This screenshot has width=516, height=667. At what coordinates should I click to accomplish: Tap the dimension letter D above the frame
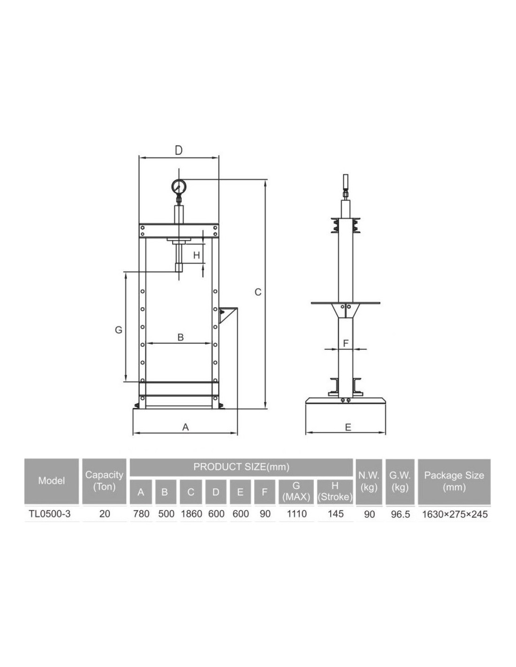coord(178,151)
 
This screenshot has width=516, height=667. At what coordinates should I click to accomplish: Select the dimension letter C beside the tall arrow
coord(258,292)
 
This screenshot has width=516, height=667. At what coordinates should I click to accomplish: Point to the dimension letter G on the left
coord(119,330)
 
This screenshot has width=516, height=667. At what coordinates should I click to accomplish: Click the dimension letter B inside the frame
coord(181,337)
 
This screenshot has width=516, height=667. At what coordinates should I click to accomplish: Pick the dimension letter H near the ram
coord(197,255)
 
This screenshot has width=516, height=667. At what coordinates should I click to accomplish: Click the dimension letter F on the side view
coord(346,343)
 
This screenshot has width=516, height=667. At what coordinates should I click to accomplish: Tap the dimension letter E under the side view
coord(348,427)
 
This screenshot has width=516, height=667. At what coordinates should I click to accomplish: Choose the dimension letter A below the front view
coord(185,427)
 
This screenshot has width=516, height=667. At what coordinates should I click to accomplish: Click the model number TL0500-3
coord(50,514)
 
